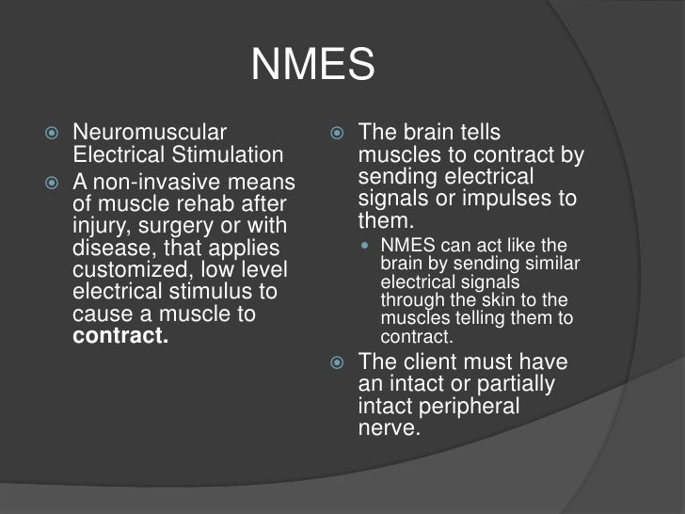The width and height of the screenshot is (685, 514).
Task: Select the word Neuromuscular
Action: pos(149,133)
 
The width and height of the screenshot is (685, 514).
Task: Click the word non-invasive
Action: pos(156,182)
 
